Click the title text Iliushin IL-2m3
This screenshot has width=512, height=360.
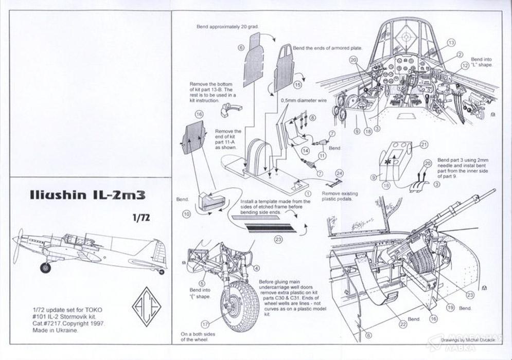click(85, 195)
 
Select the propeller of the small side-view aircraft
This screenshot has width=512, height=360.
click(18, 247)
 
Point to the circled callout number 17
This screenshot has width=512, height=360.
click(205, 325)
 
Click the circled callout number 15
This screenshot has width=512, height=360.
click(297, 84)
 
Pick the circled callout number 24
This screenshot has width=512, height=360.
click(340, 173)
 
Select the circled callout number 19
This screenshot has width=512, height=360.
click(450, 308)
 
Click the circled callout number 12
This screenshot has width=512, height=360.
click(465, 65)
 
